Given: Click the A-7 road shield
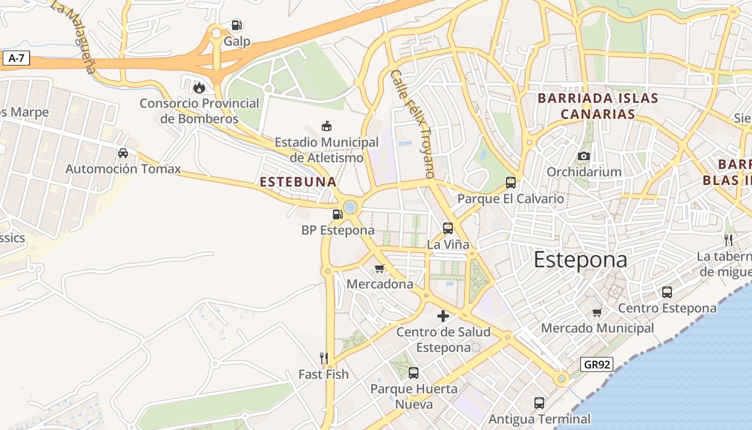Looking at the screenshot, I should point(16,59).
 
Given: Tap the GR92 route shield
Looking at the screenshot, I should point(597,364).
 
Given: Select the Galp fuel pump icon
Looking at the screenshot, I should point(236,25).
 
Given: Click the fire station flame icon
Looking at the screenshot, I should point(199,88).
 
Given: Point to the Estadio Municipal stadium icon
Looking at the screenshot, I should point(326,126).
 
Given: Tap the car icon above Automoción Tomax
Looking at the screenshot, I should point(123,153).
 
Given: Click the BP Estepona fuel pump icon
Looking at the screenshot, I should point(337,214).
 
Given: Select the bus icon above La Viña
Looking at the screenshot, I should point(447,228).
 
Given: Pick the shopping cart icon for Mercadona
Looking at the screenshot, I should point(380,268).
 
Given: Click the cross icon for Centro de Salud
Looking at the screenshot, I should point(443,316).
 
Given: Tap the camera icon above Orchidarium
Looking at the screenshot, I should point(584,156).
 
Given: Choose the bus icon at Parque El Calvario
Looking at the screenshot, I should point(510,183).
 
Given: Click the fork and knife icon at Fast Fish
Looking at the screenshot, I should point(323,358).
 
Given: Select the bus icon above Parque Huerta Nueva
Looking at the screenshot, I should point(413,372).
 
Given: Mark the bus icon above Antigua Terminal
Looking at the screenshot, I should point(539,403).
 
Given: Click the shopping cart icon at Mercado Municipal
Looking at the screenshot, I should point(597,312).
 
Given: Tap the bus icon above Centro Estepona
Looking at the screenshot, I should point(667,292).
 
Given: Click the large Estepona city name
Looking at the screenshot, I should point(580,260).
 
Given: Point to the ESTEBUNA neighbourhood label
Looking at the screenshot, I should point(298,182).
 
